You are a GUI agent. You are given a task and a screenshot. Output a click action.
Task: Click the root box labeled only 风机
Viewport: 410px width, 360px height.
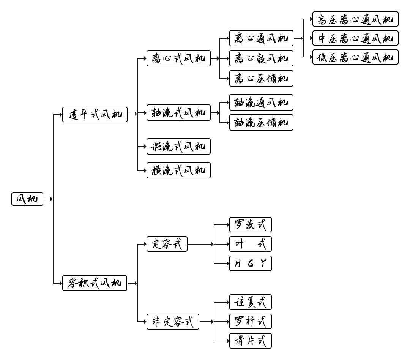pyautogui.click(x=27, y=199)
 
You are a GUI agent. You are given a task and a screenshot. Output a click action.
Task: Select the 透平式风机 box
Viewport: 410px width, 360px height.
pyautogui.click(x=95, y=114)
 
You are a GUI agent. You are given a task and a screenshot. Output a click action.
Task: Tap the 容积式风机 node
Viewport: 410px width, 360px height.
pyautogui.click(x=95, y=283)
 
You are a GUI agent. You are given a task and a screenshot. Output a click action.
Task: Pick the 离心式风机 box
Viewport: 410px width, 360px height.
pyautogui.click(x=178, y=58)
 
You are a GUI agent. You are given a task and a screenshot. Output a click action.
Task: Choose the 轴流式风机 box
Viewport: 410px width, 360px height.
pyautogui.click(x=178, y=113)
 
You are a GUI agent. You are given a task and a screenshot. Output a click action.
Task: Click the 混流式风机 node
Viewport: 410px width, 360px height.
pyautogui.click(x=178, y=147)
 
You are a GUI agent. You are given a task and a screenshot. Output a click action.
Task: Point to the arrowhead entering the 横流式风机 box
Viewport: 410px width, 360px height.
pyautogui.click(x=145, y=171)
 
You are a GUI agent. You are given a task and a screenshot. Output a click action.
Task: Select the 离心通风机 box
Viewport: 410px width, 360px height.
pyautogui.click(x=261, y=38)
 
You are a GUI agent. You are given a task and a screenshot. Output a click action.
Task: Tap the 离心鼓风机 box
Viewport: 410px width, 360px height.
pyautogui.click(x=261, y=58)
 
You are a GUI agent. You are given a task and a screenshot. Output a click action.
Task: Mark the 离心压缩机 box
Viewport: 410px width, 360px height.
pyautogui.click(x=261, y=79)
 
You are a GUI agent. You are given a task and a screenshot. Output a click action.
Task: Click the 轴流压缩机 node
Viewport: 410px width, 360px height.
pyautogui.click(x=261, y=123)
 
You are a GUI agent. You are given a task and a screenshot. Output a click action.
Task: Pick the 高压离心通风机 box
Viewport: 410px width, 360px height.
pyautogui.click(x=355, y=19)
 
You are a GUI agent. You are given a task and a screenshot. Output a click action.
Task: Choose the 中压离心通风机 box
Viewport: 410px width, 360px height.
pyautogui.click(x=355, y=38)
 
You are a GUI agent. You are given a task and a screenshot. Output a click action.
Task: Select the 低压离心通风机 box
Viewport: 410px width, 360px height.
pyautogui.click(x=355, y=57)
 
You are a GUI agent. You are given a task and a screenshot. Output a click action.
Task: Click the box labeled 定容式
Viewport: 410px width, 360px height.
pyautogui.click(x=167, y=244)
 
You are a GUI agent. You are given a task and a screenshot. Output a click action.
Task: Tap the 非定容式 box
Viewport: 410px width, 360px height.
pyautogui.click(x=173, y=322)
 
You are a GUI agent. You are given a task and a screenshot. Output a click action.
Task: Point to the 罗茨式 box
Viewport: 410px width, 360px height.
pyautogui.click(x=251, y=225)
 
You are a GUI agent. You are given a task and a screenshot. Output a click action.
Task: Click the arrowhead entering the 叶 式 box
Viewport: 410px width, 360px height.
pyautogui.click(x=228, y=244)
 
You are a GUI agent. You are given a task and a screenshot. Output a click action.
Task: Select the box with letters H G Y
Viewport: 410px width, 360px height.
pyautogui.click(x=251, y=264)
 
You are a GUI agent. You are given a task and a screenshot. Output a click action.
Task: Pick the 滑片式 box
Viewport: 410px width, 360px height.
pyautogui.click(x=251, y=341)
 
